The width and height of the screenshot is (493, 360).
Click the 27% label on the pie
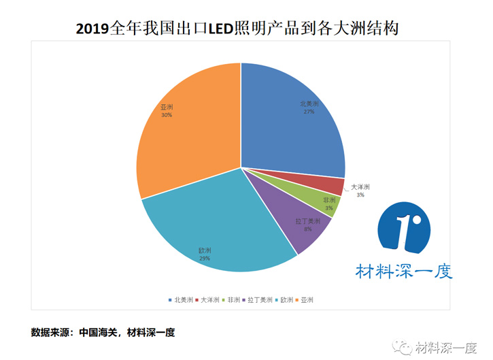309,112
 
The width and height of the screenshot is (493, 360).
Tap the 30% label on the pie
167,115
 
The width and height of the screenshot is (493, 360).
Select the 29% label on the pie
205,259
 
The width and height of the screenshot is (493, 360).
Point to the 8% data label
308,229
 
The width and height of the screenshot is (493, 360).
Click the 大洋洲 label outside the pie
360,187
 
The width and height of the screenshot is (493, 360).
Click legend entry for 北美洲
180,299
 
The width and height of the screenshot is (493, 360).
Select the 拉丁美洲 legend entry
258,299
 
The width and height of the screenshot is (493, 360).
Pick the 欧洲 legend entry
286,299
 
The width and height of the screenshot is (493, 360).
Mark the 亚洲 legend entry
307,299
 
